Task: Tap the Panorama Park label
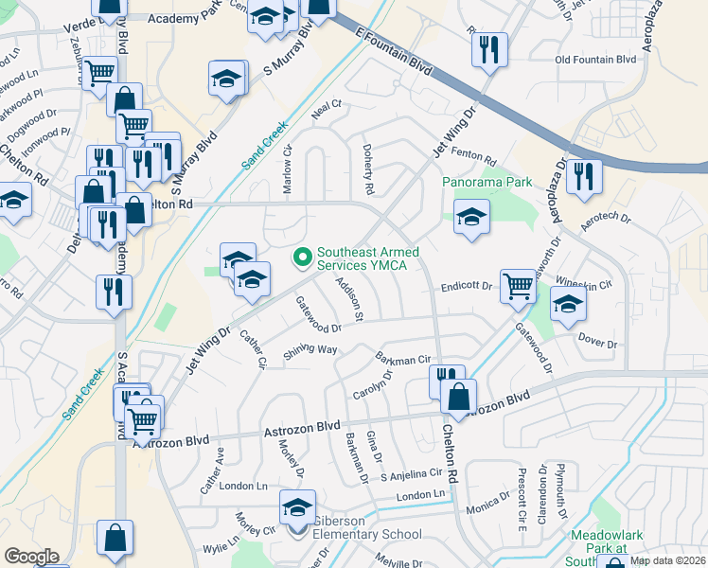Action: coord(486,180)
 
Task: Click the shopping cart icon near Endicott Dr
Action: coord(518,285)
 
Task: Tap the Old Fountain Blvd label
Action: coord(595,60)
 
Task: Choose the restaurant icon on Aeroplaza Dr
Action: coord(584,175)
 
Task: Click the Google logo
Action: coord(30,556)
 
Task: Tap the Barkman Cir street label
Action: coord(403,359)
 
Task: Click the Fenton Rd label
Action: coord(475,157)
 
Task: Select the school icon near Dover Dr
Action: coord(568,305)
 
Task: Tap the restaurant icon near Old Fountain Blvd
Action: coord(489,49)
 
